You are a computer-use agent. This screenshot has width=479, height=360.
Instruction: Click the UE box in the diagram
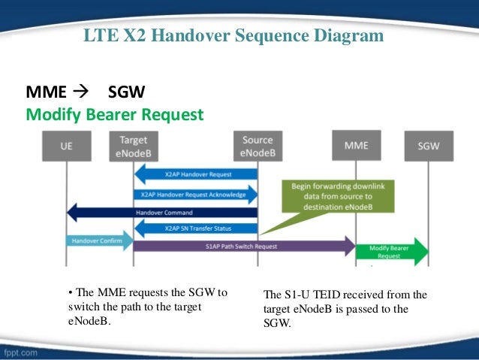[x=67, y=146]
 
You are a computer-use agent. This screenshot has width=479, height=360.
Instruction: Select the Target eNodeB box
[x=134, y=146]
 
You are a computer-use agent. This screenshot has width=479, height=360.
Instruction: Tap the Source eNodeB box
[x=258, y=146]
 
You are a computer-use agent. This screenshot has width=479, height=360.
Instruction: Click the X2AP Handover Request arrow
[x=196, y=174]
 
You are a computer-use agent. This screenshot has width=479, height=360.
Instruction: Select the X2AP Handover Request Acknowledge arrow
[x=196, y=193]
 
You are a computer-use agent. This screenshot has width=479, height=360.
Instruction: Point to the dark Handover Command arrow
[x=161, y=212]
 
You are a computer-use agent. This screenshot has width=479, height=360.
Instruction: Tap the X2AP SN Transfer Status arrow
[x=196, y=228]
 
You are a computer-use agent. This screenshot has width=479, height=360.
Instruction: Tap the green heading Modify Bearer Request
[x=115, y=115]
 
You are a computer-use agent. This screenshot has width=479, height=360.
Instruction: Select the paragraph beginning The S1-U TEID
[x=346, y=309]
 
